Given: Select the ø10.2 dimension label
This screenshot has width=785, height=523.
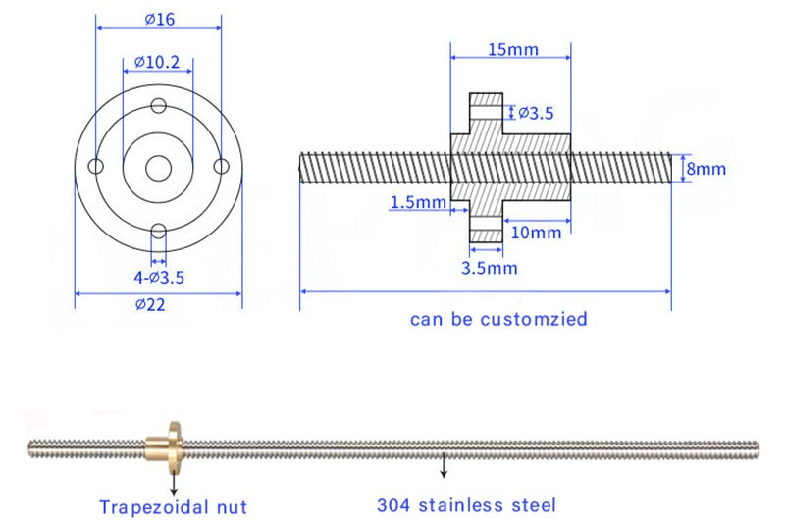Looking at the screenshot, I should tap(157, 62).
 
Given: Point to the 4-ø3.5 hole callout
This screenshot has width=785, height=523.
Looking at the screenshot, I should tap(158, 277).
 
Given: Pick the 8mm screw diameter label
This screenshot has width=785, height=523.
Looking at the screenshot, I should tap(706, 169).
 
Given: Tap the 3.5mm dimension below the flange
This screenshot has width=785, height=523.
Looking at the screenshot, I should tap(489, 267).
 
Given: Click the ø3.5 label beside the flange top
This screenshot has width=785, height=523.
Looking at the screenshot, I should tap(535, 113).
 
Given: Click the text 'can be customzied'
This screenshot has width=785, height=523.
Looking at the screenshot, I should tap(484, 319).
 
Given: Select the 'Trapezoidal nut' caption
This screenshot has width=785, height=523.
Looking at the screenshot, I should tap(173, 507).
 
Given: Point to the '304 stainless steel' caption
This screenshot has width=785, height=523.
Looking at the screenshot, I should tap(466, 506).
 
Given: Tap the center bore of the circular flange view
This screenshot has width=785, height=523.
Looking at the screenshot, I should tap(157, 168).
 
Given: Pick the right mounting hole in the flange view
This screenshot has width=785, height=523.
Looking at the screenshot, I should tap(221, 167).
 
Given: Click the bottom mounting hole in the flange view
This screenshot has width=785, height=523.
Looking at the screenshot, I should tap(157, 231).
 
